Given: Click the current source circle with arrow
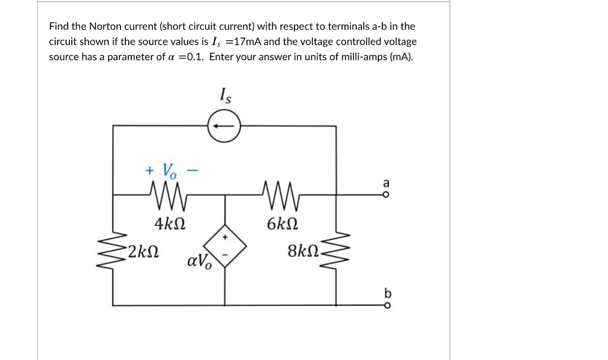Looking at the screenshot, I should [x=224, y=126].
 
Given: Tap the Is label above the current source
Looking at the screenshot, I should [x=225, y=95].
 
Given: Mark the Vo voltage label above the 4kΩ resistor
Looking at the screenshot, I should [x=169, y=171].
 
